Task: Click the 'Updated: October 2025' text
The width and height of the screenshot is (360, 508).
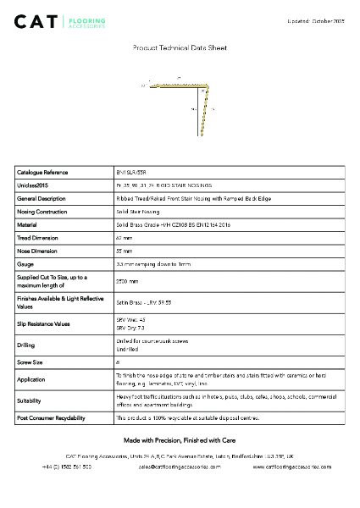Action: [x=314, y=19]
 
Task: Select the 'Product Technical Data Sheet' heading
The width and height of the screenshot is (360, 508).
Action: [x=180, y=49]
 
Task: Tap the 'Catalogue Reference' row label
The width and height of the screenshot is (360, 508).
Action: [x=42, y=172]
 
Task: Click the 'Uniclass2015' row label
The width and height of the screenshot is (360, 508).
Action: [x=33, y=185]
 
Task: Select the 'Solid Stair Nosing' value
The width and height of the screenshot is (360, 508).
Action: [x=137, y=212]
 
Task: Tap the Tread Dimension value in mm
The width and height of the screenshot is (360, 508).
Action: [x=124, y=238]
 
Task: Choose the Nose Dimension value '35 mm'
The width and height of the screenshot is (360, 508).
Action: [x=124, y=251]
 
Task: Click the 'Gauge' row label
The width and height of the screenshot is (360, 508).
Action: [x=25, y=265]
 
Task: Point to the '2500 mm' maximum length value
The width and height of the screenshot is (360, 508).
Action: [x=127, y=281]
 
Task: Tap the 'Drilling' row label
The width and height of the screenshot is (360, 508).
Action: [x=26, y=345]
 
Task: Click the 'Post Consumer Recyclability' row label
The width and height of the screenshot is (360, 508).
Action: [x=50, y=418]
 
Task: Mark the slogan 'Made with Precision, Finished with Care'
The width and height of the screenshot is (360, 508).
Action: [x=180, y=440]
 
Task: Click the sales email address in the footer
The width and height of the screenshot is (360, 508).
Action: [x=180, y=467]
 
